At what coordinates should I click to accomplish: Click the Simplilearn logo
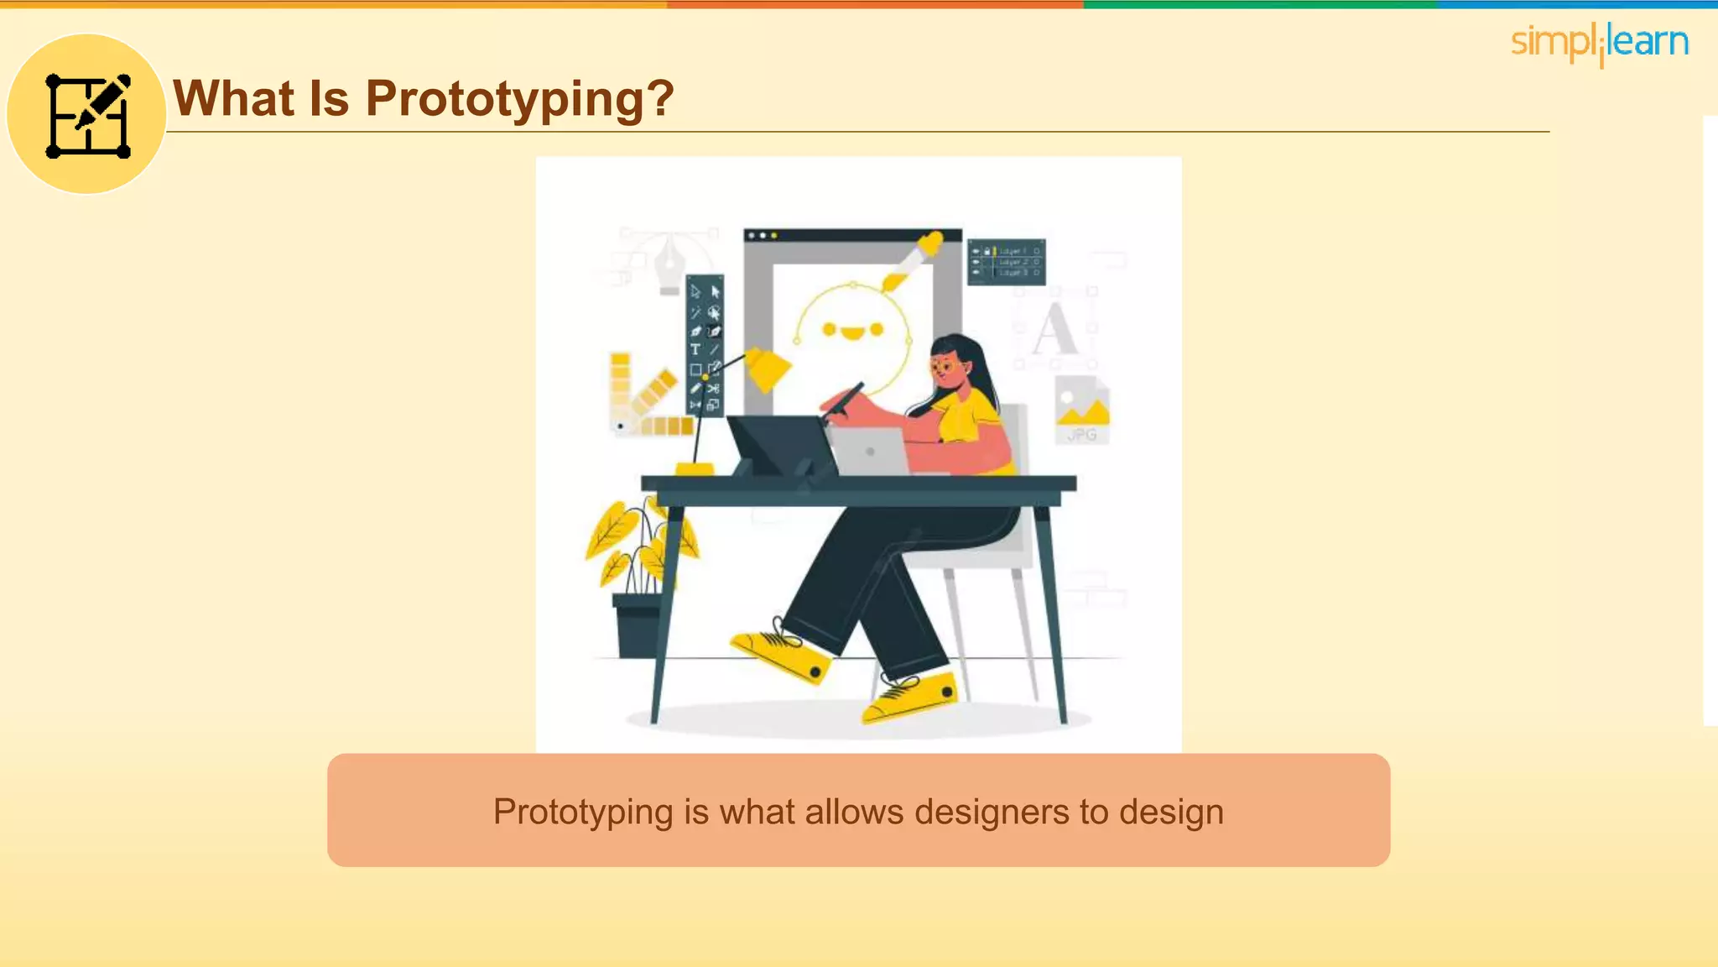click(x=1599, y=43)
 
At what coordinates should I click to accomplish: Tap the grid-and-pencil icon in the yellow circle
click(x=87, y=115)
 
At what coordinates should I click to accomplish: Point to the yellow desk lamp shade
click(x=768, y=369)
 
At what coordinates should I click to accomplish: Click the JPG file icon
click(x=1082, y=410)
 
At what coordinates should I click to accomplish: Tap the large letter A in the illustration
click(x=1054, y=330)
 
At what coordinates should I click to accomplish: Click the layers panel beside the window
click(x=1006, y=262)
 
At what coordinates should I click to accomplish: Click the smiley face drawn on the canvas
click(x=852, y=332)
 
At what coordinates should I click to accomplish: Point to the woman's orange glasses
click(x=945, y=367)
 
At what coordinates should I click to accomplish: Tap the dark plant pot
click(x=638, y=625)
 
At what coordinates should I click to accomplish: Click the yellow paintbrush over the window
click(x=913, y=260)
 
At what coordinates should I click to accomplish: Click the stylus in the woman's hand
click(x=843, y=403)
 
